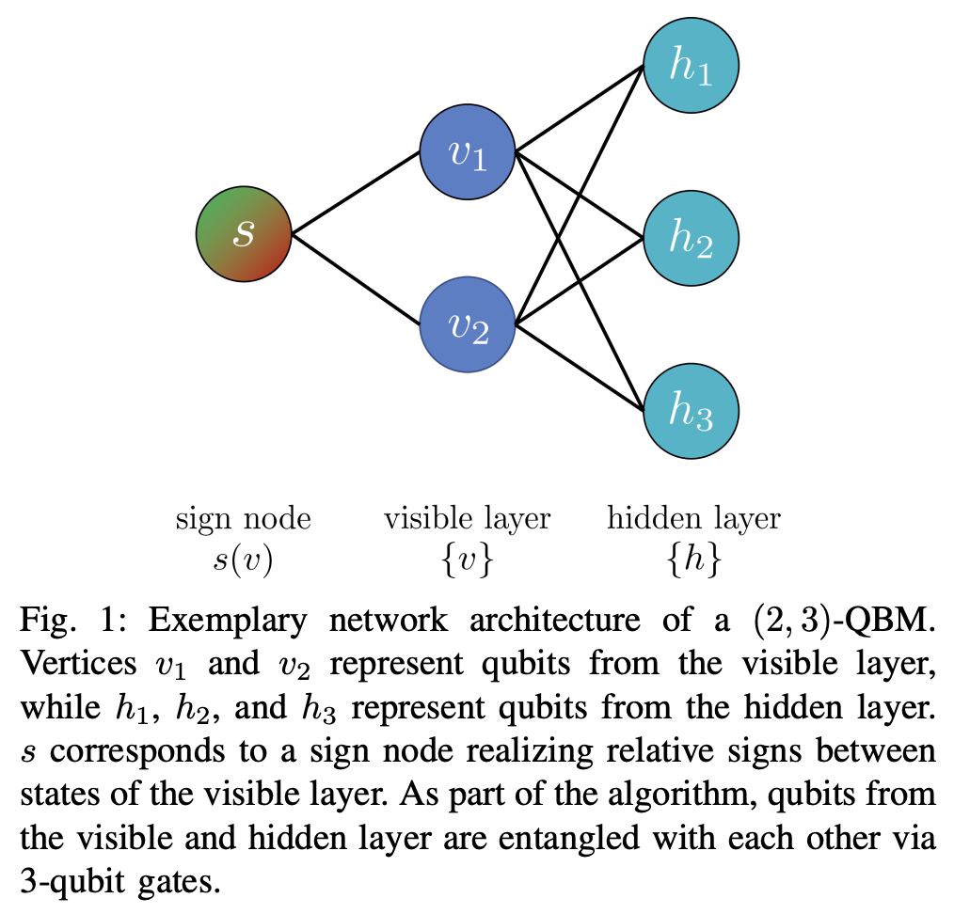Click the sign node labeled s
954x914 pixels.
[x=244, y=233]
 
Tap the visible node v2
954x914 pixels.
[x=468, y=324]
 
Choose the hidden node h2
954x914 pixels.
[x=692, y=237]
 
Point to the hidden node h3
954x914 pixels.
[x=692, y=411]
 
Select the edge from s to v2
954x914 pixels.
[x=356, y=279]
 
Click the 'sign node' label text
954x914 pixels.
[x=243, y=518]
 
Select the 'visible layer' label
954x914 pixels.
[x=467, y=518]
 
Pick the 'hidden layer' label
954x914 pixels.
[x=693, y=518]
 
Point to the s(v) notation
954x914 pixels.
[x=243, y=560]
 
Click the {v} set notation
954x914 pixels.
[x=467, y=560]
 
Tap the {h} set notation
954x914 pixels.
[x=693, y=560]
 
